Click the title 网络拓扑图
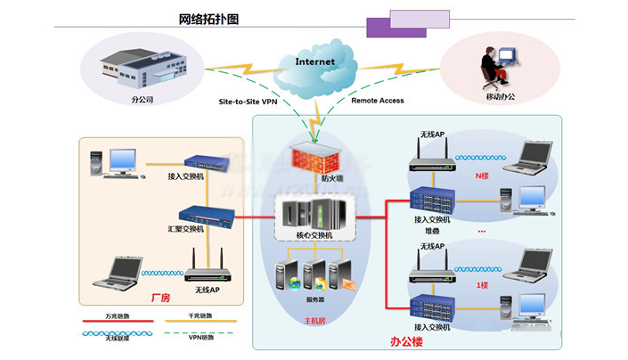coord(208,19)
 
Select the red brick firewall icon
coord(314,160)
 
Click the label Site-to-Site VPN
coord(249,102)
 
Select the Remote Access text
coord(377,101)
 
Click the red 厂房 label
coord(160,296)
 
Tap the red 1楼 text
coord(482,284)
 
